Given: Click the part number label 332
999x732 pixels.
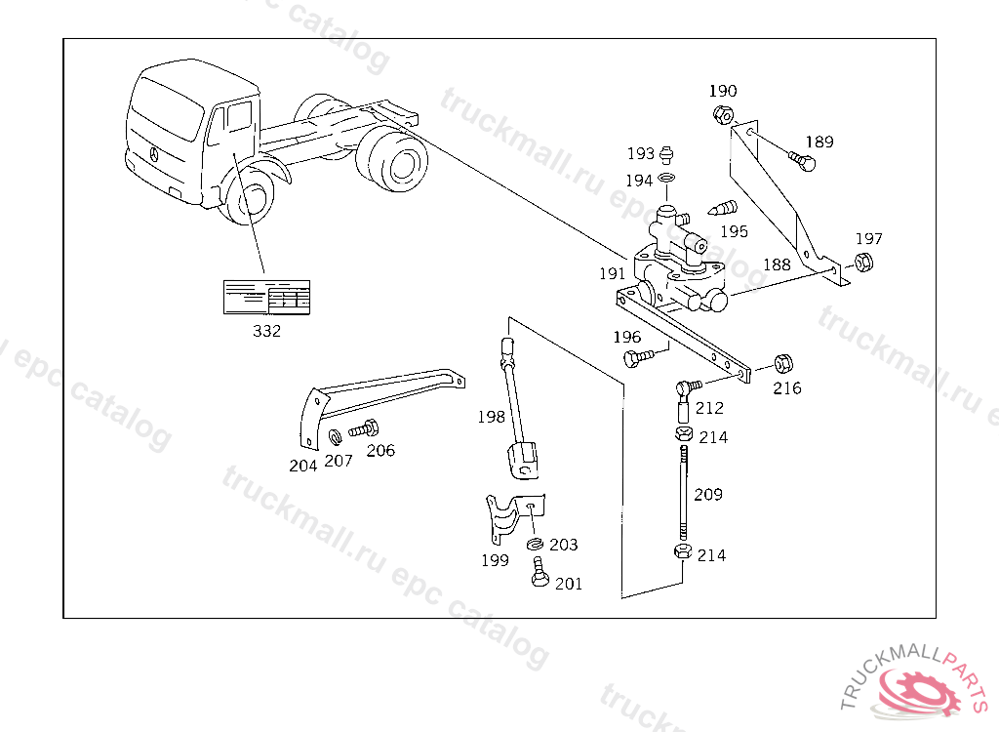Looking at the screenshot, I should coord(266,331).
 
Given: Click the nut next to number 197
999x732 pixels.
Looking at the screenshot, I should coord(862,262).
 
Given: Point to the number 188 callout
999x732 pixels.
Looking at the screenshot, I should coord(777,264).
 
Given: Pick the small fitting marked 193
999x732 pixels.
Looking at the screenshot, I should coord(668,154).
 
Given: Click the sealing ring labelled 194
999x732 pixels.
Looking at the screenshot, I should coord(667,179).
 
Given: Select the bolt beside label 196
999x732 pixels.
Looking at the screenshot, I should coord(635,357).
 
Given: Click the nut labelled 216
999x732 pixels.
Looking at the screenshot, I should coord(782,364).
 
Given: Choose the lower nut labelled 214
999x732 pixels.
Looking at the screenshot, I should coord(683,553).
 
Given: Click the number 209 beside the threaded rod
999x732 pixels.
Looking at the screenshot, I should coord(708,495).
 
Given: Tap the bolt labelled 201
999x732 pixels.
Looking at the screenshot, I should coord(539,573).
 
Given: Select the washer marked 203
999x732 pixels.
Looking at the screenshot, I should coord(535,544).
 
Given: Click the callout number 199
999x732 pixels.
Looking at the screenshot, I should coord(495,560).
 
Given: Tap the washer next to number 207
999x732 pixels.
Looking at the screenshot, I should coord(334,434).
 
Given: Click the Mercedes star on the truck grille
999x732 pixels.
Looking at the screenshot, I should coord(153,153).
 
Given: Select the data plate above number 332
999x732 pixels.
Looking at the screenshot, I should coord(266,298).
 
